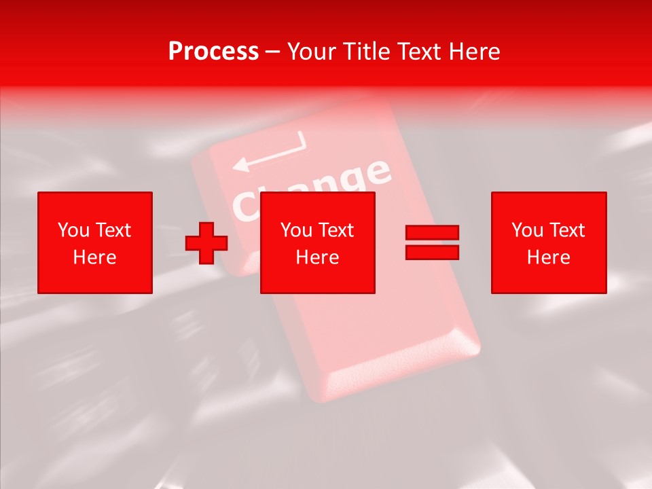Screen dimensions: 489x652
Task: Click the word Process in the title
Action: pyautogui.click(x=213, y=52)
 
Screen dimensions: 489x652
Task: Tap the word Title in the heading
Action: pyautogui.click(x=365, y=52)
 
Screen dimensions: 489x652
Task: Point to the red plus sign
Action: pyautogui.click(x=206, y=243)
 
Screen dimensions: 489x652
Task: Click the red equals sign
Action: pyautogui.click(x=432, y=242)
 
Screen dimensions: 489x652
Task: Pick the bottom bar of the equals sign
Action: pyautogui.click(x=432, y=252)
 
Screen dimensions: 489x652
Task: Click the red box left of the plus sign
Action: pyautogui.click(x=95, y=242)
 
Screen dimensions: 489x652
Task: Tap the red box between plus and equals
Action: pyautogui.click(x=318, y=242)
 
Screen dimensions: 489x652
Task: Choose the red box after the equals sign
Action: pyautogui.click(x=549, y=242)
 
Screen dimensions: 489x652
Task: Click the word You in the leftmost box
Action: pyautogui.click(x=73, y=230)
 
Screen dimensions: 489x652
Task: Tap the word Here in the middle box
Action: pyautogui.click(x=318, y=257)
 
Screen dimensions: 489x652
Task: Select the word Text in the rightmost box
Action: pyautogui.click(x=566, y=230)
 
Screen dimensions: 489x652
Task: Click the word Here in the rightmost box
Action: pyautogui.click(x=549, y=257)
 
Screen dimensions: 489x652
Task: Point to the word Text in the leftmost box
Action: pyautogui.click(x=113, y=230)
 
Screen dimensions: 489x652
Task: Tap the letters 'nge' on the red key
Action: pyautogui.click(x=358, y=179)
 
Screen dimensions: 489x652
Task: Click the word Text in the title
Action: pyautogui.click(x=417, y=52)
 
